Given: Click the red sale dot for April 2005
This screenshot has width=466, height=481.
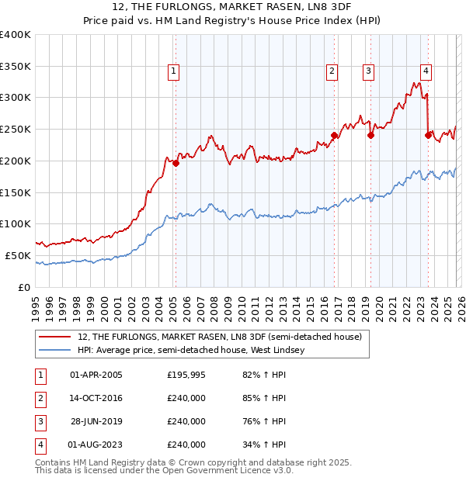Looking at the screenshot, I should [176, 163].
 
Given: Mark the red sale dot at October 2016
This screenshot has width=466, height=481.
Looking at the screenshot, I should [334, 135].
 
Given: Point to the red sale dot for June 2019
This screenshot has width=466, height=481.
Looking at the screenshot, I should [370, 135].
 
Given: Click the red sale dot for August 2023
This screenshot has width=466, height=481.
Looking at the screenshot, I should [428, 135].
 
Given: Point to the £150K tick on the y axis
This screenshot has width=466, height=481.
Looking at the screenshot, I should [16, 192].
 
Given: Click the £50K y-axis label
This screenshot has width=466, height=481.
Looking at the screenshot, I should [18, 255].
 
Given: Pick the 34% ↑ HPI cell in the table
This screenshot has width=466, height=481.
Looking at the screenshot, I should [265, 445].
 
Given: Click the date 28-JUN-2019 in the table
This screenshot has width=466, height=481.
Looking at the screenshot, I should [96, 422].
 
